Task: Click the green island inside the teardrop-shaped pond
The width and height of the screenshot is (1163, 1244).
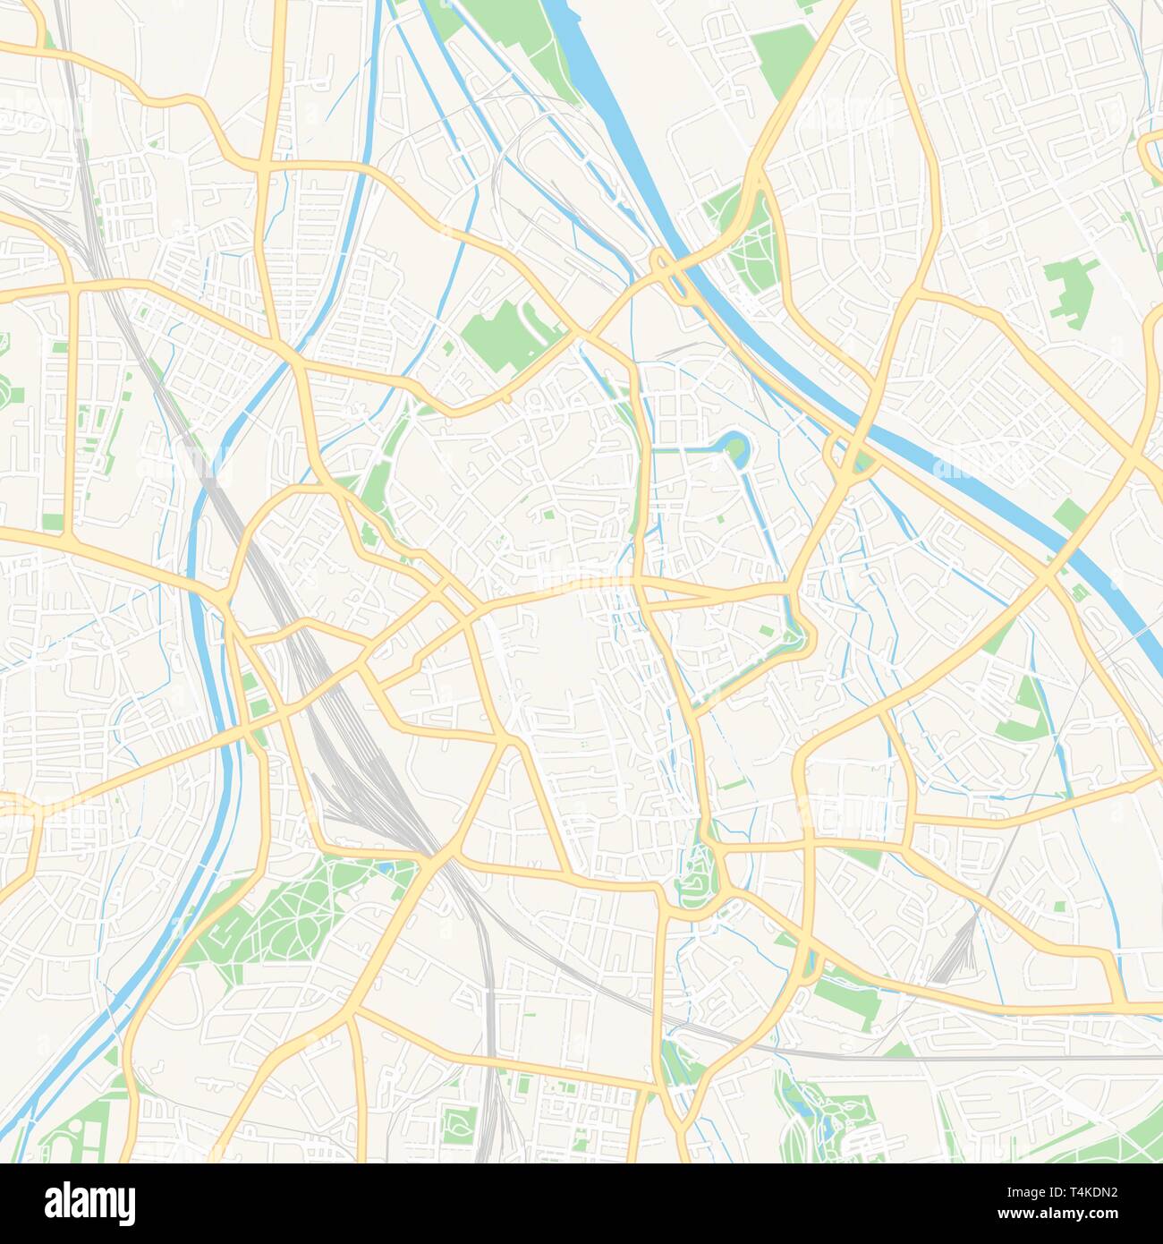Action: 734,442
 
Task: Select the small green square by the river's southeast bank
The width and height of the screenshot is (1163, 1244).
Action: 1070,514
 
